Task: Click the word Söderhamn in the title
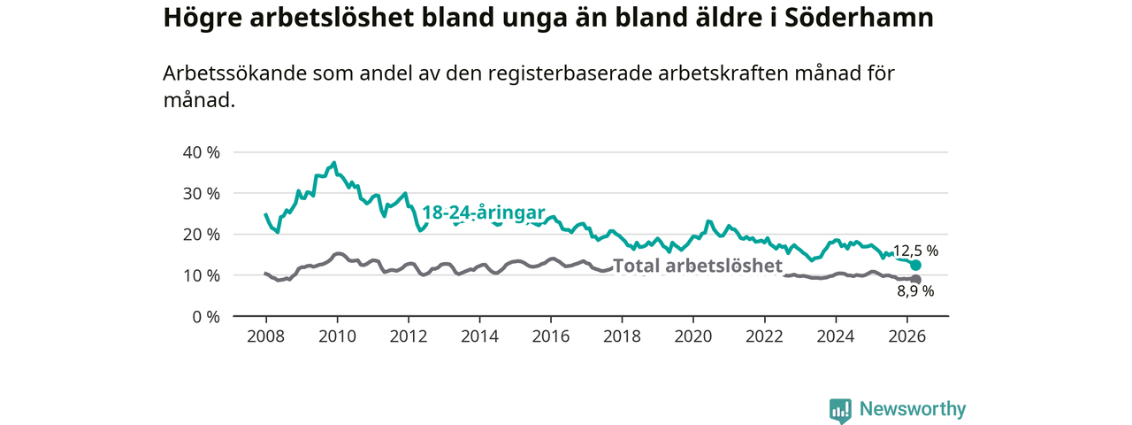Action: (859, 18)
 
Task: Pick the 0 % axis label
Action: (206, 317)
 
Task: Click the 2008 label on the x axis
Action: (266, 336)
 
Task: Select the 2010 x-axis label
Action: (337, 336)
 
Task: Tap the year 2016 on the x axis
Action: (551, 336)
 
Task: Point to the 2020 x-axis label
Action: (693, 336)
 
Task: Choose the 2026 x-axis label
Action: (906, 336)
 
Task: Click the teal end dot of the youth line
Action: (915, 265)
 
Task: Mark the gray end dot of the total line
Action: (915, 280)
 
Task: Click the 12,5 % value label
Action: (915, 251)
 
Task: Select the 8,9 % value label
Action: (915, 291)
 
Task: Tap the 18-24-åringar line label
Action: (483, 212)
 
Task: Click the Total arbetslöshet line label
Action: (698, 265)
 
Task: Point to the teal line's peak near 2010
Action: (334, 163)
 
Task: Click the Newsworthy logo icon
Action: (840, 411)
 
